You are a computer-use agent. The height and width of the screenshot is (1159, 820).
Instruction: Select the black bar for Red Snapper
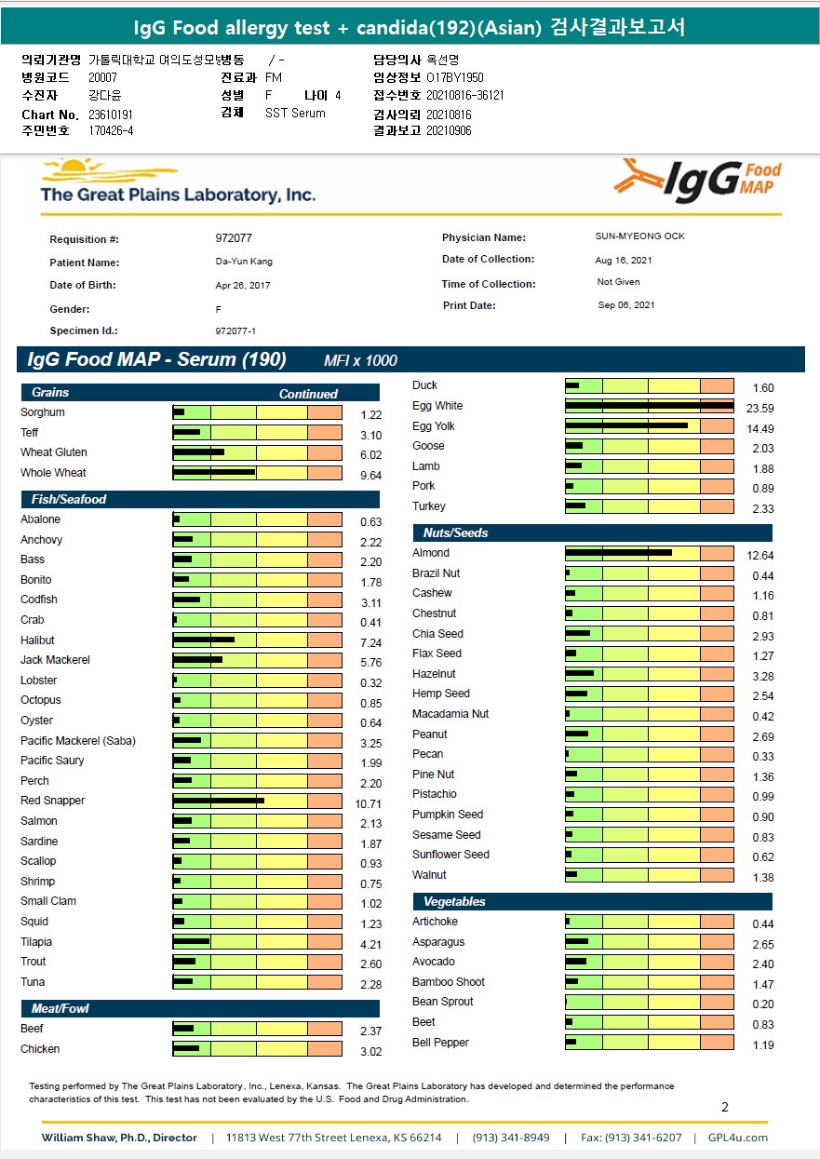(x=219, y=801)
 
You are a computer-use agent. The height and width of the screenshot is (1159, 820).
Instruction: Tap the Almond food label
(x=431, y=553)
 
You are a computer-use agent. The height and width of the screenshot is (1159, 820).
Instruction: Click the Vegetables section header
(x=454, y=902)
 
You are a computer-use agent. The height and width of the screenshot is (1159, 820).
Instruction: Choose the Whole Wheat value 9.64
(x=370, y=475)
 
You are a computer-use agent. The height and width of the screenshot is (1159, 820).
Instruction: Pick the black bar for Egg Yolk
(x=626, y=425)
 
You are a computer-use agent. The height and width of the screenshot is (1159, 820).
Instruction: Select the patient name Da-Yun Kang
(x=244, y=262)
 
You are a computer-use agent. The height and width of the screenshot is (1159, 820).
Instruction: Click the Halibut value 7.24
(x=370, y=642)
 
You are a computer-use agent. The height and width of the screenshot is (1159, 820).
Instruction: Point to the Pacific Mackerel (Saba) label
(x=78, y=741)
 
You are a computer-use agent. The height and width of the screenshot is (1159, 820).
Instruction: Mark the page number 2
(x=725, y=1107)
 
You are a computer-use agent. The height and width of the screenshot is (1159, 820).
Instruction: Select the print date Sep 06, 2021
(x=626, y=305)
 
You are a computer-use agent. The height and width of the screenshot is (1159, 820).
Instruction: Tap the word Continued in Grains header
(x=308, y=394)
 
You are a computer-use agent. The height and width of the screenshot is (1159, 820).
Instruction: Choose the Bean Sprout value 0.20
(x=762, y=1004)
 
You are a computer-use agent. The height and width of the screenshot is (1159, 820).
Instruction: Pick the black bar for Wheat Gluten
(x=198, y=452)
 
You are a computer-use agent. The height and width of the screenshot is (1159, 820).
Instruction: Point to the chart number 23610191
(x=111, y=115)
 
